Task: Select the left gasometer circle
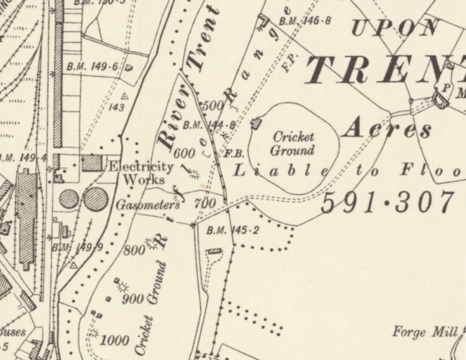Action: coord(69,199)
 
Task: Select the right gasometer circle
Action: coord(95,199)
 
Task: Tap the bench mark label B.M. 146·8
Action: coord(304,21)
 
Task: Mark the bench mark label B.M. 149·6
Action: coord(92,67)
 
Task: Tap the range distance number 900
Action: coord(133,299)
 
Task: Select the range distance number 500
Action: coord(213,106)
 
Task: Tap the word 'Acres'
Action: coord(387,129)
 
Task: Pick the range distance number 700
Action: coord(204,203)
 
